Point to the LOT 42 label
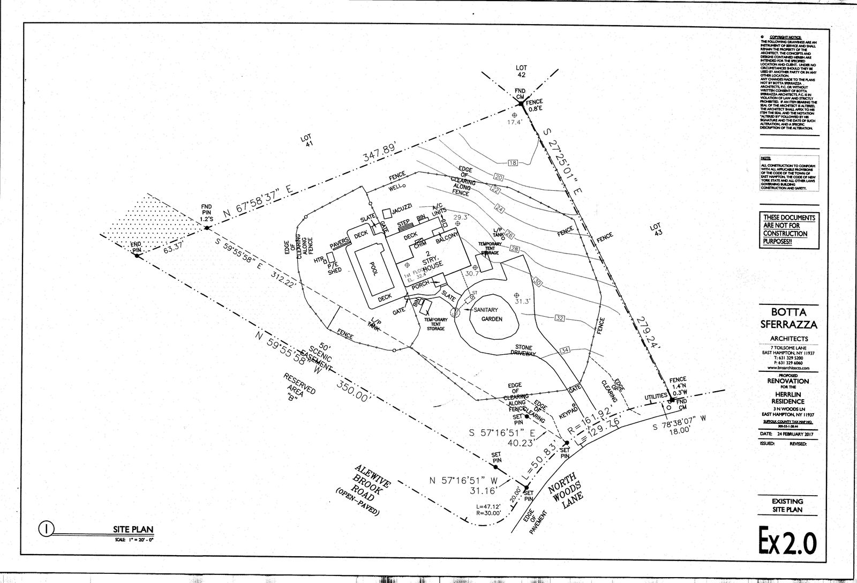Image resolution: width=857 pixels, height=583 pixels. pos(521,71)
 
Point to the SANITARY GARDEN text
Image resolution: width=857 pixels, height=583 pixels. pos(488,313)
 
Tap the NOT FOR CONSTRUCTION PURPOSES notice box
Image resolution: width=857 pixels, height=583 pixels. pos(790,230)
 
